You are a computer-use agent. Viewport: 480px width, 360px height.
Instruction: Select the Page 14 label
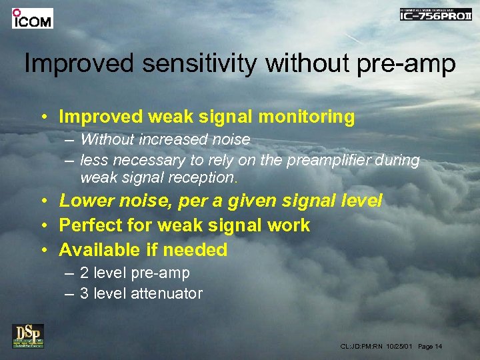click(430, 347)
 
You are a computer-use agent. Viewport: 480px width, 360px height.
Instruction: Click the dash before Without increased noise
click(70, 140)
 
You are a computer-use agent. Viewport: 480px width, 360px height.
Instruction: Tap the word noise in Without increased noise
click(231, 140)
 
